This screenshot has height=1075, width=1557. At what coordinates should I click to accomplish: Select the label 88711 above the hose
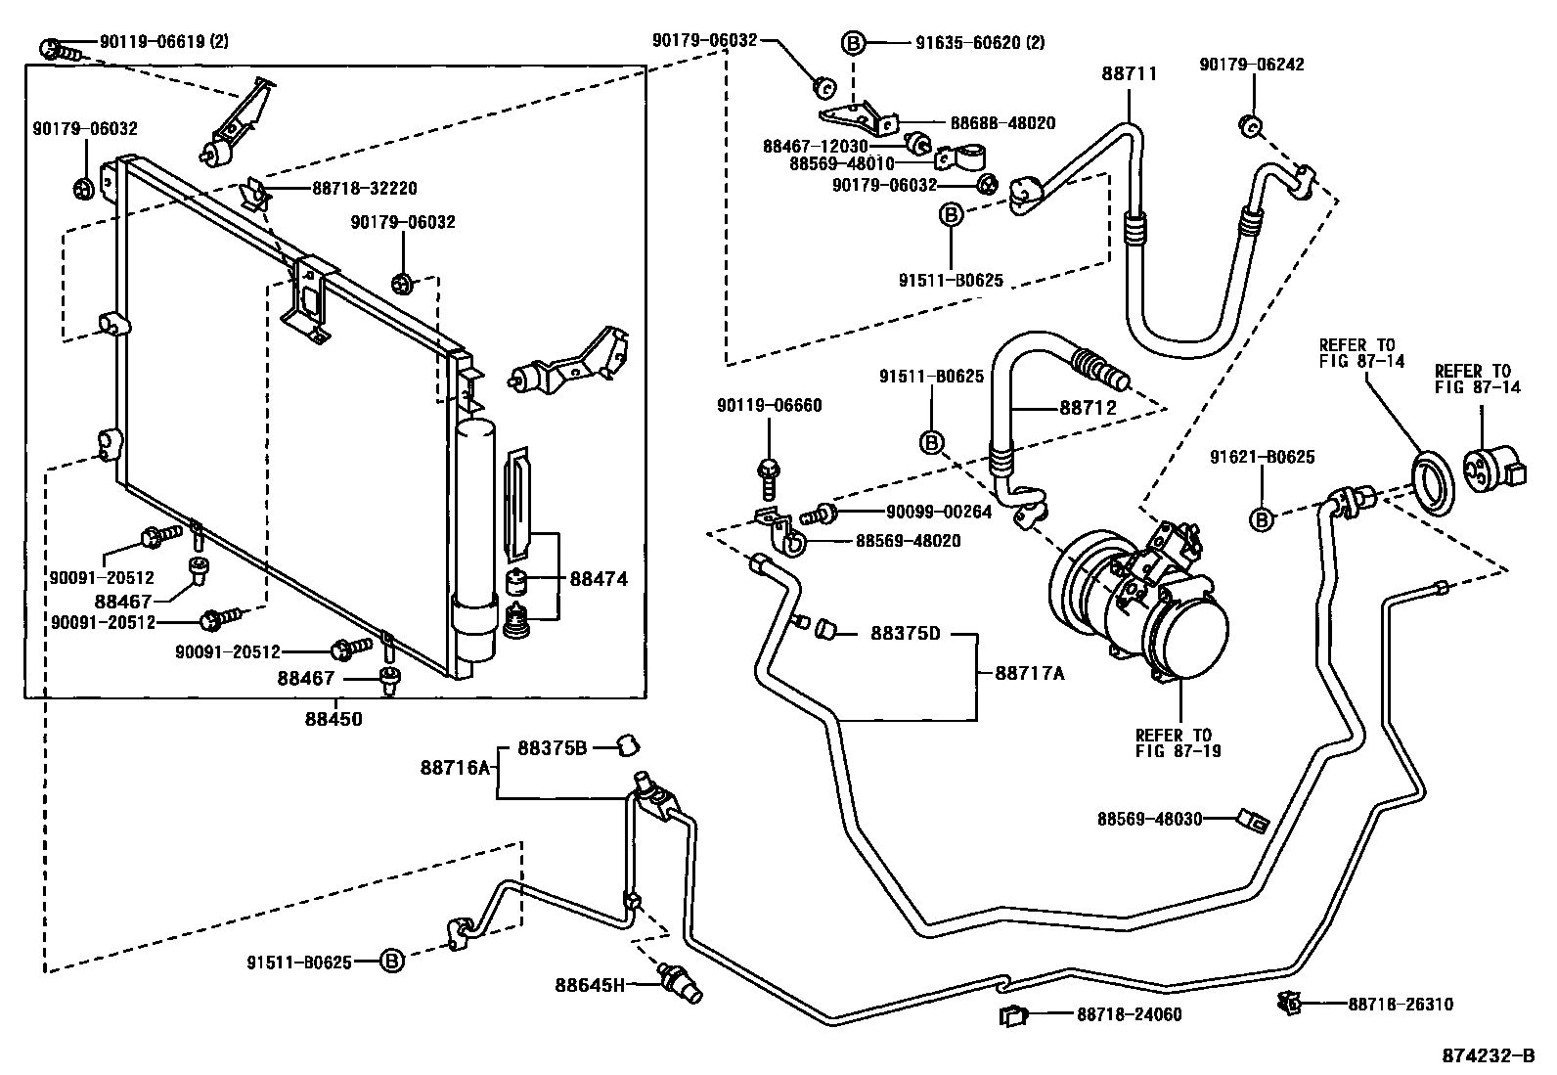(x=1130, y=73)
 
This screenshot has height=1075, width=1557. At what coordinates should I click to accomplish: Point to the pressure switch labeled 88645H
(x=682, y=981)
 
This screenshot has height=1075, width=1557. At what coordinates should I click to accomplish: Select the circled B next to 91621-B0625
(x=1262, y=519)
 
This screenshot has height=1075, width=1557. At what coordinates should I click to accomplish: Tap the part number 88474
(x=599, y=579)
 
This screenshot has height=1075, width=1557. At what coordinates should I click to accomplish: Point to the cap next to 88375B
(x=627, y=748)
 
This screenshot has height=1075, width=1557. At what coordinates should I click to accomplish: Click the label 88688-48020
(x=1002, y=123)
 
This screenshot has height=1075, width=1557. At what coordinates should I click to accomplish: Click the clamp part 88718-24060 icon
(x=1013, y=1015)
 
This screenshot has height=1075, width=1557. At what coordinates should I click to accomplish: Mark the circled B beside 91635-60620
(x=853, y=42)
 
